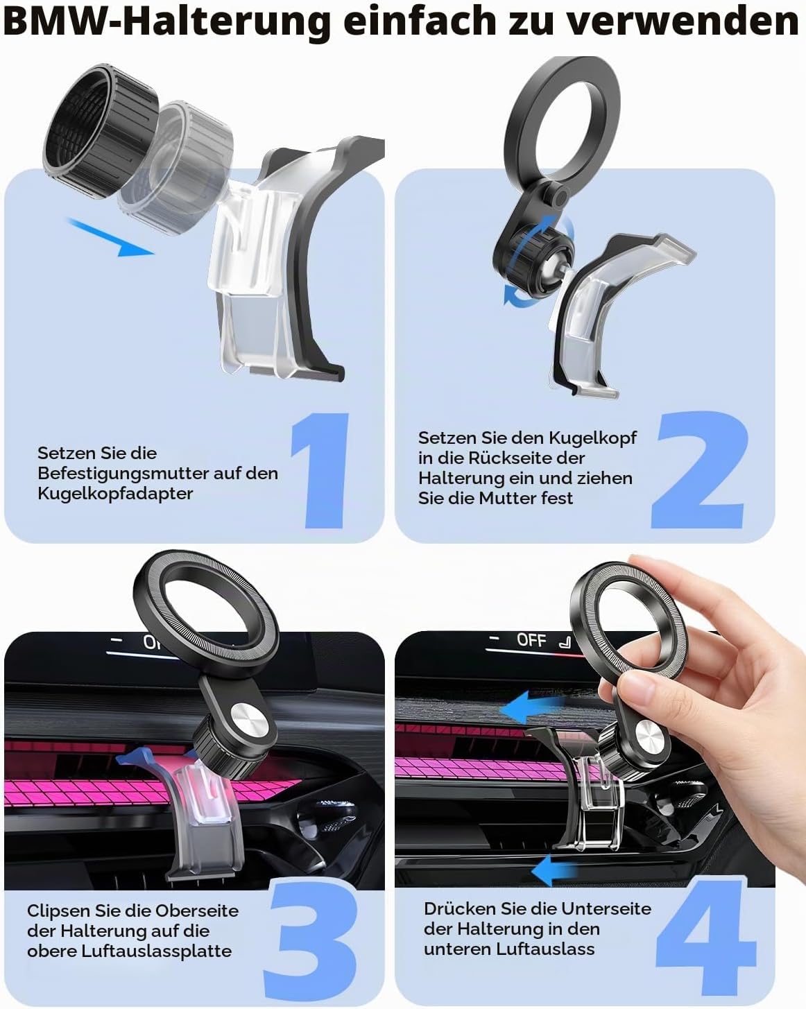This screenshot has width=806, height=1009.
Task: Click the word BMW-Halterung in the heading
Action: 167,22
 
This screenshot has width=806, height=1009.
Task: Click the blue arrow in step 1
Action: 111,236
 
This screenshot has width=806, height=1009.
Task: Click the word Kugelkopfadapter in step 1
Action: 115,494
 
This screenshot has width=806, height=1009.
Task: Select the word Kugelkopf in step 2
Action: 592,438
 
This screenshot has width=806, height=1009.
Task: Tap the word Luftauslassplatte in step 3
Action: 156,951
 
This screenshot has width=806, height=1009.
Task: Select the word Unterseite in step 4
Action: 606,908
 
